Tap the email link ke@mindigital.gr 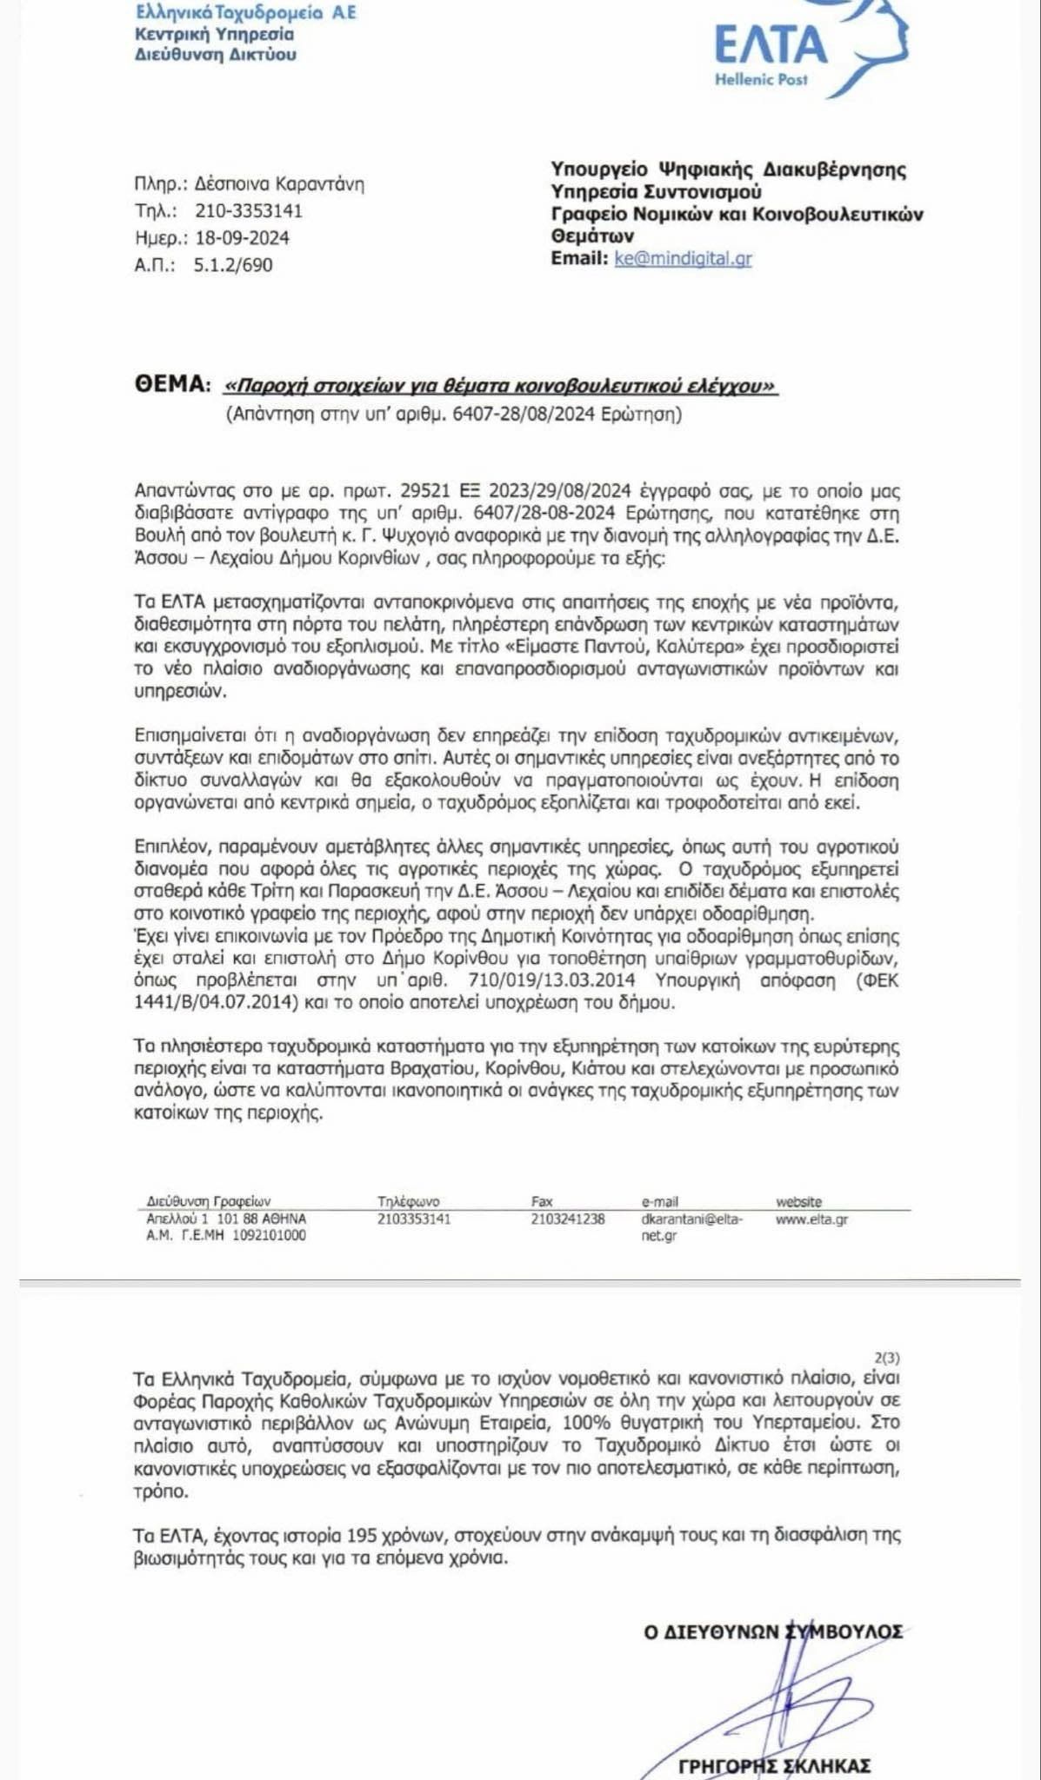pyautogui.click(x=683, y=258)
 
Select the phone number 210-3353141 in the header pyautogui.click(x=249, y=211)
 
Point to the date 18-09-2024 pyautogui.click(x=242, y=238)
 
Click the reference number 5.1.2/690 pyautogui.click(x=233, y=265)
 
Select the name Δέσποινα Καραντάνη pyautogui.click(x=279, y=184)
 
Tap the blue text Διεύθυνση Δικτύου pyautogui.click(x=216, y=55)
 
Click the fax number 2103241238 pyautogui.click(x=568, y=1219)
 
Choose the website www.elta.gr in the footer pyautogui.click(x=811, y=1219)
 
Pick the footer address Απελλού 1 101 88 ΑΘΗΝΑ pyautogui.click(x=226, y=1219)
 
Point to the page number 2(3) pyautogui.click(x=886, y=1358)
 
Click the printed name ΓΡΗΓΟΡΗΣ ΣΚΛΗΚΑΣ pyautogui.click(x=774, y=1766)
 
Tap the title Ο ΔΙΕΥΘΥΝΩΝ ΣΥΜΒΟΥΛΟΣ pyautogui.click(x=773, y=1632)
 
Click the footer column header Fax pyautogui.click(x=542, y=1202)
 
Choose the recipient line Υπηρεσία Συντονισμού pyautogui.click(x=657, y=191)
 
